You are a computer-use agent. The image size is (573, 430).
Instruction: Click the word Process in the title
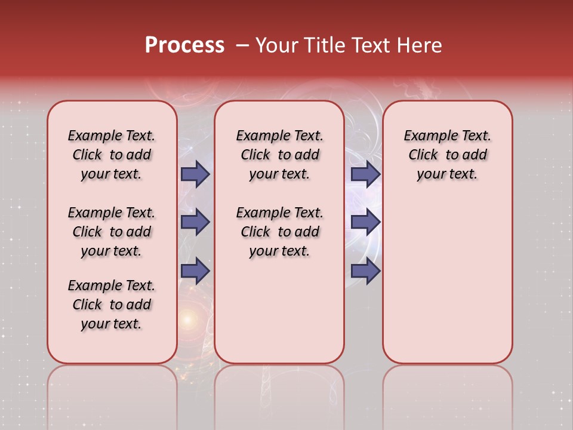[184, 45]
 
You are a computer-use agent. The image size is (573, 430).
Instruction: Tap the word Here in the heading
[421, 45]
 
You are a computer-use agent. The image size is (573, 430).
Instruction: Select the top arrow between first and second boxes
[195, 174]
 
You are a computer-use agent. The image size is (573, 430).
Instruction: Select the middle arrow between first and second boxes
[195, 222]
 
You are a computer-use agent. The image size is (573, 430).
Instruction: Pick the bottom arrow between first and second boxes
[195, 271]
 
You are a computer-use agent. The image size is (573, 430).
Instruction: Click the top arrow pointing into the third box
[365, 174]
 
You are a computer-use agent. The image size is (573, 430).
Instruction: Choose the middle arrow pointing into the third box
[365, 222]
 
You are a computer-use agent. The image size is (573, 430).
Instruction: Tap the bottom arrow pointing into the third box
[365, 271]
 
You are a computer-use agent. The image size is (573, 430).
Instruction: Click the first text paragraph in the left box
[112, 155]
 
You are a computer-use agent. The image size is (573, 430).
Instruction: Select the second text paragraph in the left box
[112, 232]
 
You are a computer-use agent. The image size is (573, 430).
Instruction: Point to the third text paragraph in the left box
[112, 305]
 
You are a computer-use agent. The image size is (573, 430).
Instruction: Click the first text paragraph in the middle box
[279, 155]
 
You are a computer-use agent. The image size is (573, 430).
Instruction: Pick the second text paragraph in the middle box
[279, 232]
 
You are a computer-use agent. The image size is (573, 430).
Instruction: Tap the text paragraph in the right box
[447, 155]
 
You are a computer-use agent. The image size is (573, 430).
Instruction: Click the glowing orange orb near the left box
[187, 320]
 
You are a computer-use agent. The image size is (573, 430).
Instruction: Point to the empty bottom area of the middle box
[279, 317]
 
